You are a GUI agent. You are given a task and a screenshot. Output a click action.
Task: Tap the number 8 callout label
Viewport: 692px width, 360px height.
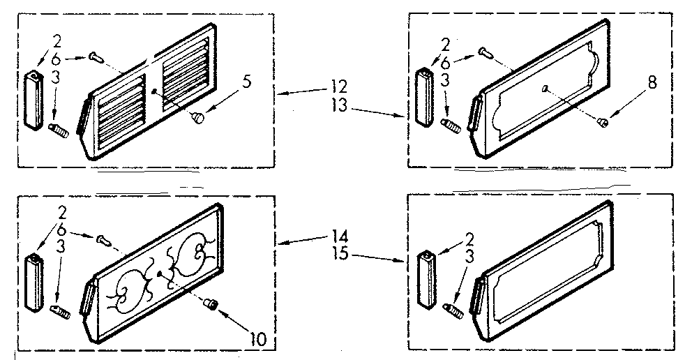(x=652, y=82)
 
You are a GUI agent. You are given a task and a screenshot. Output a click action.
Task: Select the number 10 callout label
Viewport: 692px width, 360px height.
(x=259, y=338)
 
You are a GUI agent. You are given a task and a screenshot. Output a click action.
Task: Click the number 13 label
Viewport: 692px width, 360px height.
(x=340, y=106)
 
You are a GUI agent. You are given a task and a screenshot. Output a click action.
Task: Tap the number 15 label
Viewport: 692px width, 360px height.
(x=340, y=254)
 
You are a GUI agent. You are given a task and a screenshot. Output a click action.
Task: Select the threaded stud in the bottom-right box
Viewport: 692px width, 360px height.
(x=452, y=310)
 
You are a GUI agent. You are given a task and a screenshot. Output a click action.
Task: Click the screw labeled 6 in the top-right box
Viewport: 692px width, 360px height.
(x=484, y=53)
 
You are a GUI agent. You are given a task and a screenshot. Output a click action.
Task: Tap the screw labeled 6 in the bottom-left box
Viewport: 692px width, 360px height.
(x=103, y=239)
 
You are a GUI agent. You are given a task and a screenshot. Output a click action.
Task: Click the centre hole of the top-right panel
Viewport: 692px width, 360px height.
(x=545, y=88)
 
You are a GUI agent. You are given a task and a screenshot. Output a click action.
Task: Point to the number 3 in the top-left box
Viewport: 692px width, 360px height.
(x=56, y=79)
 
